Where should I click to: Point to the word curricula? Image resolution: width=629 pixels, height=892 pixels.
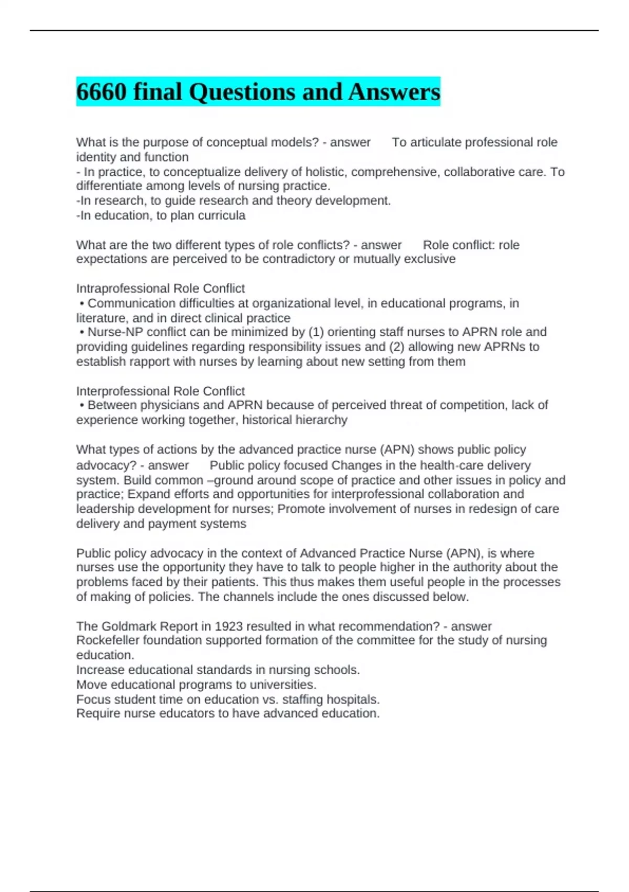coord(223,215)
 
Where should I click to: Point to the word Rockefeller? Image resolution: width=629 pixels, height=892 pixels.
coord(108,640)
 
